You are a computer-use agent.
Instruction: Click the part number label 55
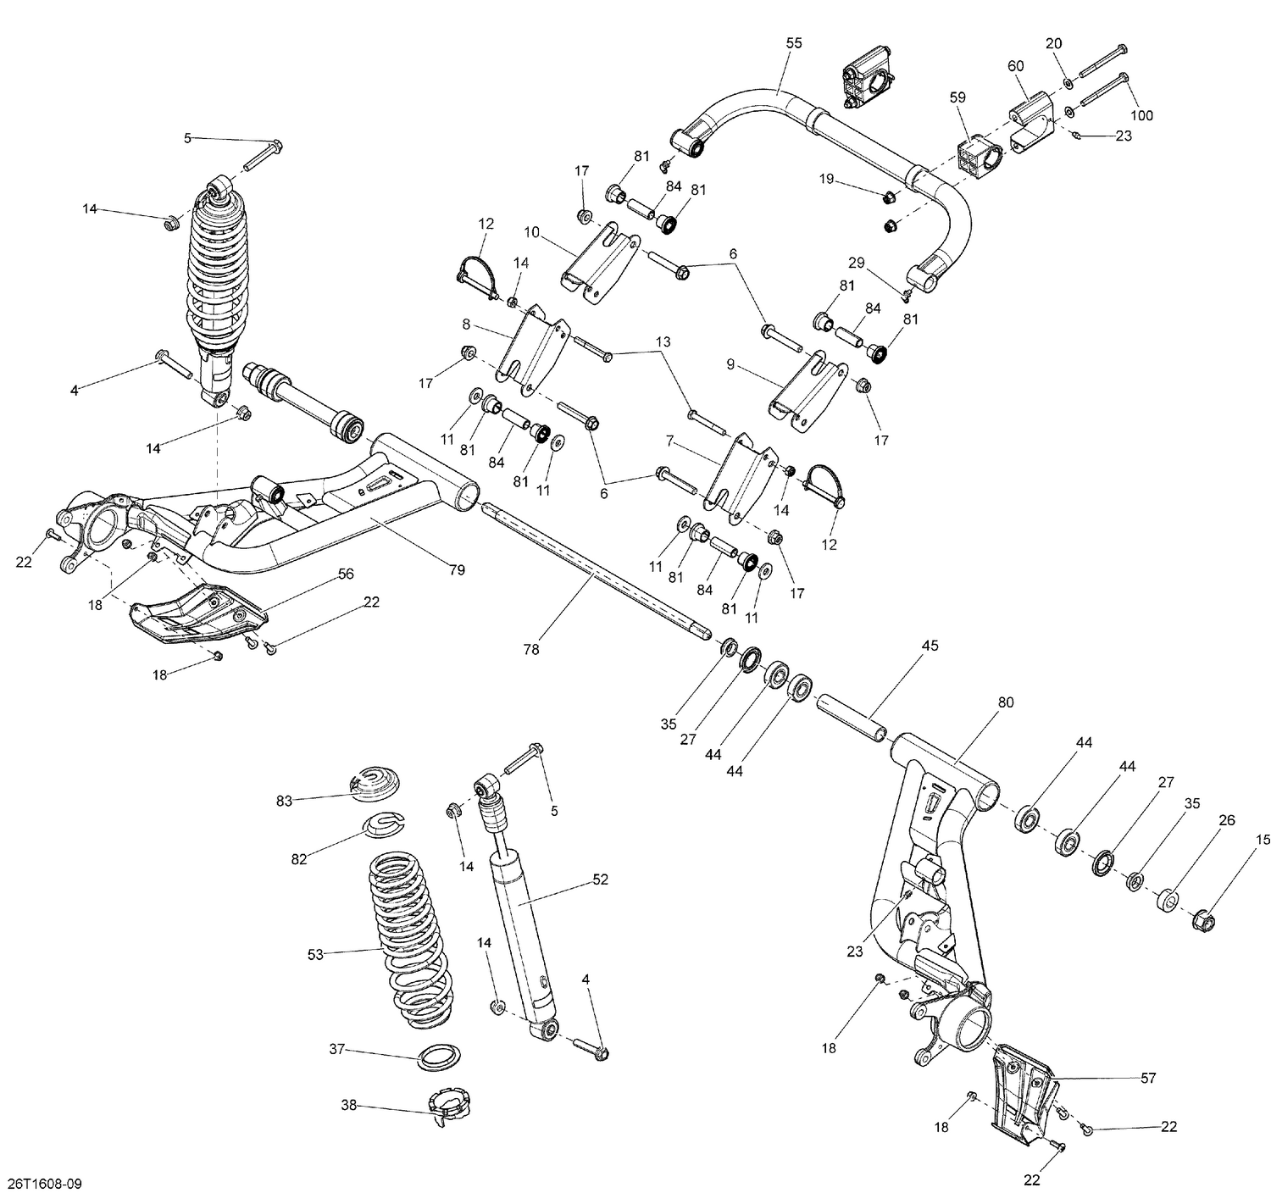point(793,42)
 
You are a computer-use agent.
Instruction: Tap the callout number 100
point(1141,115)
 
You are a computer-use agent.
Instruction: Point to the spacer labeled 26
point(1171,899)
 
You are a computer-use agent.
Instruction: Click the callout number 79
point(457,570)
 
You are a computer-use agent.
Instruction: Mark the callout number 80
point(1005,702)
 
